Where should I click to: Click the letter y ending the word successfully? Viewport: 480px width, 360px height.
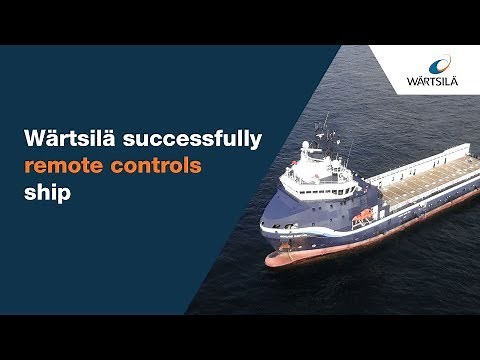coord(256,143)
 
